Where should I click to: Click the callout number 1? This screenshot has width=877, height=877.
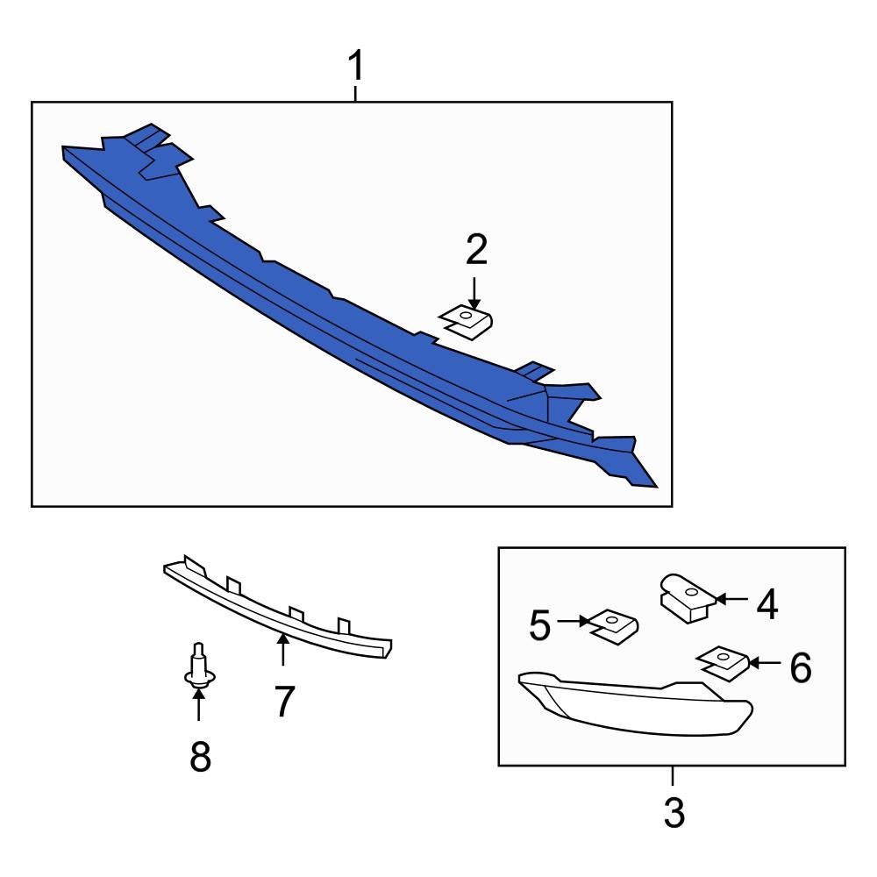point(355,66)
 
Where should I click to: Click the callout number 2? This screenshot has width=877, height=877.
point(475,251)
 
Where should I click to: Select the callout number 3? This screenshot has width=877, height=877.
point(673,813)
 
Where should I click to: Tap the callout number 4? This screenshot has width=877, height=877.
point(767,605)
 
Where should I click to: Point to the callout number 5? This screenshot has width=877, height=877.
point(540,624)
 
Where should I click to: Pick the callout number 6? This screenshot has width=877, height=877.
point(800,668)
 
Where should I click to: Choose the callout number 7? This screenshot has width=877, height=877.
point(282,702)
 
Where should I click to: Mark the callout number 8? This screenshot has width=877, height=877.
point(200,755)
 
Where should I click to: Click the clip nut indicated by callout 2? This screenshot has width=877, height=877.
point(467,322)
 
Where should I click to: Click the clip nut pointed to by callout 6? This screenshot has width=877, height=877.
point(724,662)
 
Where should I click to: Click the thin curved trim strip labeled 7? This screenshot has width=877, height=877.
point(263,610)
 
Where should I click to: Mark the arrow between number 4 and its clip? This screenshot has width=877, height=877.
point(731,600)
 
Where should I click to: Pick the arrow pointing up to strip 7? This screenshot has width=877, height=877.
point(282,649)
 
